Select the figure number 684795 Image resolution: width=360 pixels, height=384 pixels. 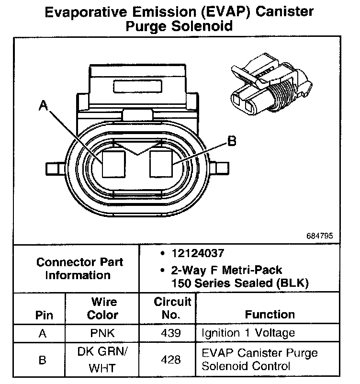tap(320, 237)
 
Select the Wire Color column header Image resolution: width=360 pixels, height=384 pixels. tap(104, 309)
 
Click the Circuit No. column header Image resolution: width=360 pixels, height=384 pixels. tap(172, 309)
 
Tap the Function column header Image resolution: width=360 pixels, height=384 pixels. tap(270, 315)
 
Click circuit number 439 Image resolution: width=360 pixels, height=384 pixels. tap(172, 333)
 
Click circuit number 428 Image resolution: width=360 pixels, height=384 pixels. tap(172, 360)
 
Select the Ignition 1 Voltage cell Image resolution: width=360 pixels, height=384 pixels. tap(248, 333)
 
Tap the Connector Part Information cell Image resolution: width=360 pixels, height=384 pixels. tap(79, 269)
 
